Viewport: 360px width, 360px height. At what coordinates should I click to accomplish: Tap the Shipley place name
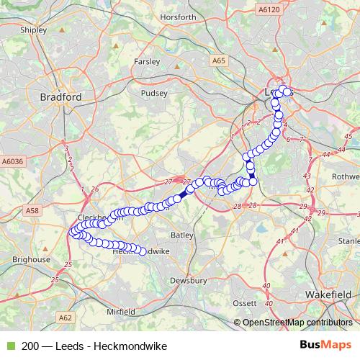click(34, 31)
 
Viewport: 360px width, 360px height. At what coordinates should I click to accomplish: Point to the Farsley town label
click(147, 62)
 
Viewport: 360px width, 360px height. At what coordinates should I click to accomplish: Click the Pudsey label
click(155, 93)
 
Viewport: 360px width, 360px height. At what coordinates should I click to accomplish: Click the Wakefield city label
click(328, 295)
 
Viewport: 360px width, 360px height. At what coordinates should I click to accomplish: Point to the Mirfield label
click(121, 312)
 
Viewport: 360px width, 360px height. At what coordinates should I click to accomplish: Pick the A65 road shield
click(219, 62)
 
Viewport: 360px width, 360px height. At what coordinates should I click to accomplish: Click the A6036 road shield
click(12, 163)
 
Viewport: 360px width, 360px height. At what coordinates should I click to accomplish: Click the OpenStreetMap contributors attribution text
click(296, 323)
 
